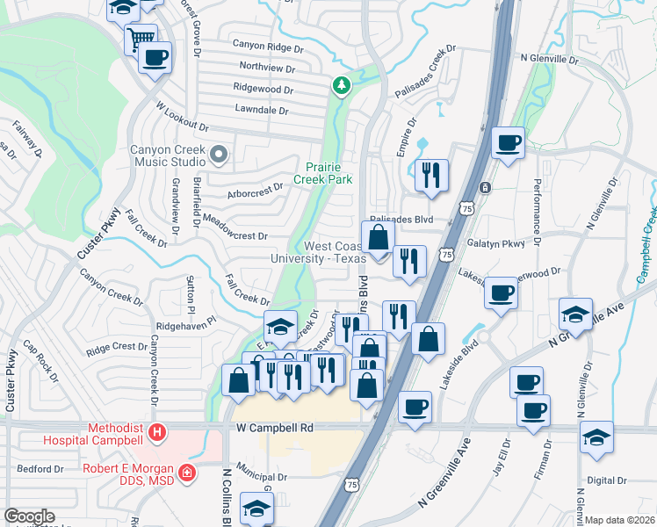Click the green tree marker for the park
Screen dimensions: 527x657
pyautogui.click(x=341, y=85)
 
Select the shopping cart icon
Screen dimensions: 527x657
pyautogui.click(x=140, y=39)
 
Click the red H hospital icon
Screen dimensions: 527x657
pyautogui.click(x=156, y=432)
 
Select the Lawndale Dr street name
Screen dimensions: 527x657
pyautogui.click(x=262, y=111)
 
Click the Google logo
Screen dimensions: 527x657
pyautogui.click(x=30, y=516)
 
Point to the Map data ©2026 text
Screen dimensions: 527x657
pyautogui.click(x=620, y=520)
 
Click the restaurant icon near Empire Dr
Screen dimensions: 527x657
pyautogui.click(x=431, y=174)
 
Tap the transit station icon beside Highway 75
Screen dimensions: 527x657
pyautogui.click(x=485, y=188)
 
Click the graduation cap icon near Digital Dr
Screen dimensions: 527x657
pyautogui.click(x=597, y=438)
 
